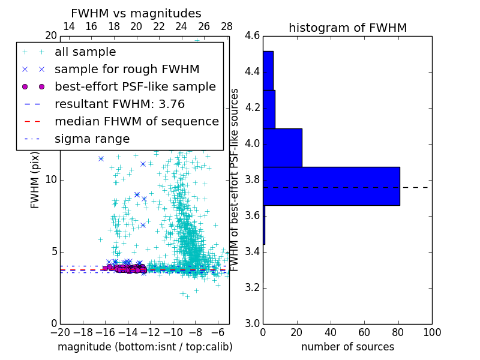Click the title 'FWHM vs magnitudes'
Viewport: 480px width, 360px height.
(136, 14)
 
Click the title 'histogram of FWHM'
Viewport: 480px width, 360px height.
(347, 28)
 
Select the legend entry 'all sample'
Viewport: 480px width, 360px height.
(85, 52)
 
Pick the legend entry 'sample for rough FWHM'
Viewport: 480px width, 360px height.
(127, 69)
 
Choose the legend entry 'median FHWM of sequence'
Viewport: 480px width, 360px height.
(136, 121)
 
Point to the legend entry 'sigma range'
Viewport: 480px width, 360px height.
(92, 139)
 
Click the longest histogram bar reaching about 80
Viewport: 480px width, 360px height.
(331, 186)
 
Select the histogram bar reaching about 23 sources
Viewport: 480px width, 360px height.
(282, 148)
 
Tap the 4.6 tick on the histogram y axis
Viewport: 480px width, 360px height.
(252, 36)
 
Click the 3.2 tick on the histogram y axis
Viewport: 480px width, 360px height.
(252, 287)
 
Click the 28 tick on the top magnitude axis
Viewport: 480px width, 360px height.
(227, 26)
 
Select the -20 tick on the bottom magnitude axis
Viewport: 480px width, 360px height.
(59, 331)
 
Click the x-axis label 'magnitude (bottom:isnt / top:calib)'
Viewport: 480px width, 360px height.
(145, 347)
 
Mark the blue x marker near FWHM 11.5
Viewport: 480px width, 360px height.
(101, 158)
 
